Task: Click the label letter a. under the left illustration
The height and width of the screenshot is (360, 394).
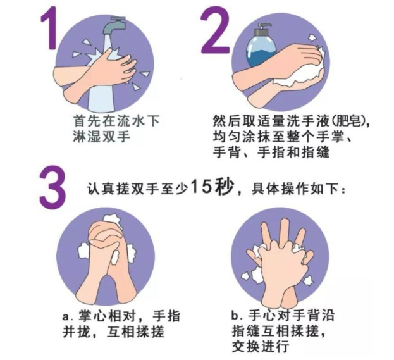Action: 66,315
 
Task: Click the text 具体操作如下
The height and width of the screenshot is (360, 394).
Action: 302,189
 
